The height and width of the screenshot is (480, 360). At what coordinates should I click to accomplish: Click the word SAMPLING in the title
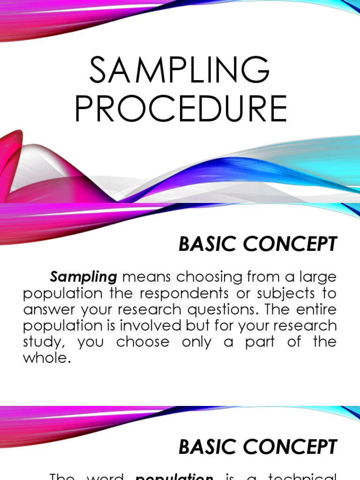180,70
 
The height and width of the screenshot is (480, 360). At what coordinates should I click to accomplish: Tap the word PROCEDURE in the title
180,109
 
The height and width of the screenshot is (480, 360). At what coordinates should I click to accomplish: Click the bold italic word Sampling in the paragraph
83,277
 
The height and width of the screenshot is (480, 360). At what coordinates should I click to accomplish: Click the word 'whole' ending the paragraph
46,358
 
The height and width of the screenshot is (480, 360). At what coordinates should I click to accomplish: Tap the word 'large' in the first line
317,277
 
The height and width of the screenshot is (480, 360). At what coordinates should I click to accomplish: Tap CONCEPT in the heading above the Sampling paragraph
291,244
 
